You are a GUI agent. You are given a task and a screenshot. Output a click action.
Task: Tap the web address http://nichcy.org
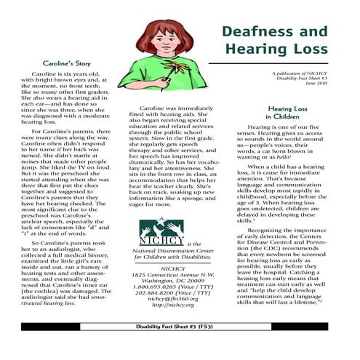(164, 305)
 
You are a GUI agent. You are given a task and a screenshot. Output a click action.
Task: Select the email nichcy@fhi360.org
(164, 297)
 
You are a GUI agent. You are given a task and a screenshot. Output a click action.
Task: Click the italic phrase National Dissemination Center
(163, 249)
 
